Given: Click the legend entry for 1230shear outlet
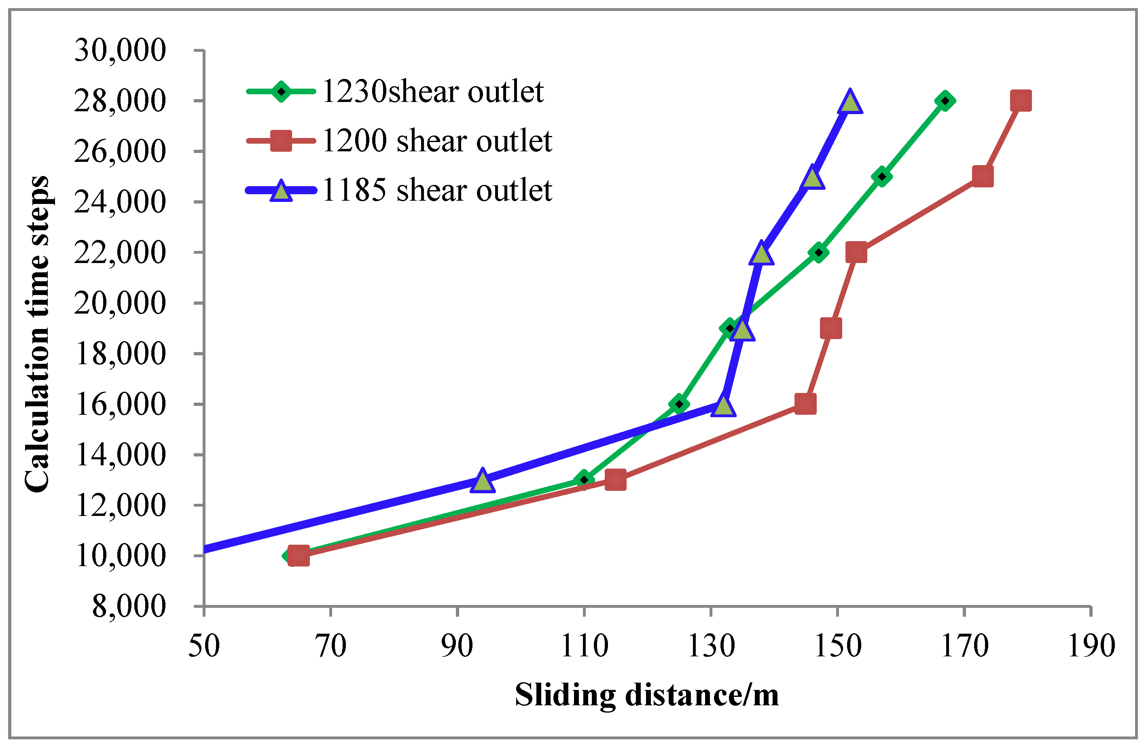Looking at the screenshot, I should [x=432, y=91].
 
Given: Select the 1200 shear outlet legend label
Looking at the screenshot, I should [x=437, y=141].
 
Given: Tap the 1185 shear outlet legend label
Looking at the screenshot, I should [x=437, y=190].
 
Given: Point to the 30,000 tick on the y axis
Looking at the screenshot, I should [x=120, y=50].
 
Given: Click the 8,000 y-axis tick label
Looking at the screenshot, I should [x=129, y=606].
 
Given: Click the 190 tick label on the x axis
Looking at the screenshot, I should [x=1091, y=646].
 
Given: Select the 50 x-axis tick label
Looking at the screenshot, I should [x=204, y=646].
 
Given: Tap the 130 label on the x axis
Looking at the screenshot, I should [x=711, y=646].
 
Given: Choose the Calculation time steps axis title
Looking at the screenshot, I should [x=38, y=334].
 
